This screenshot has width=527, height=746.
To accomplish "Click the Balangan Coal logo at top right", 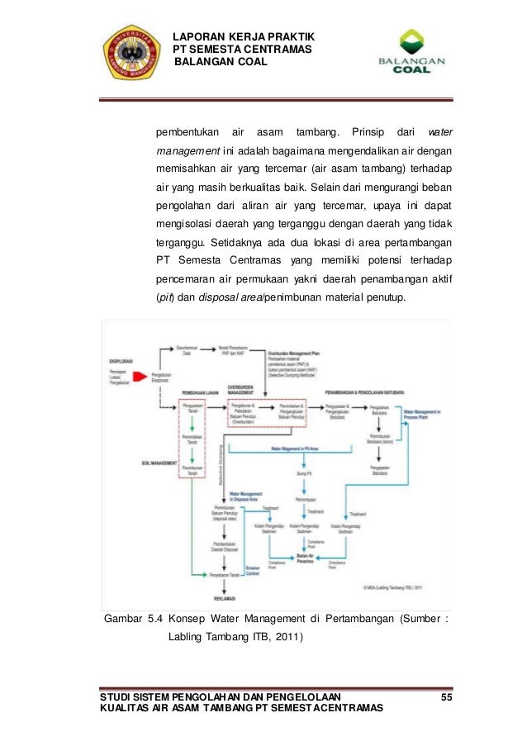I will tap(411, 54).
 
